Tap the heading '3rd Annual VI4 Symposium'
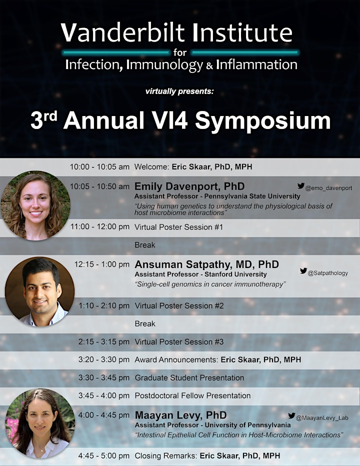(180, 120)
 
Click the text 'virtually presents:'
(179, 91)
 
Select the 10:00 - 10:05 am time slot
(99, 167)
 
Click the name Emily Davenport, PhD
(189, 186)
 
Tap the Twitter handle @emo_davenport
(328, 188)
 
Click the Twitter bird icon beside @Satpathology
(303, 270)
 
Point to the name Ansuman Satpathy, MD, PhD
(206, 264)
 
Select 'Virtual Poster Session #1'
(178, 227)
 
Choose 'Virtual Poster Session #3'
(179, 342)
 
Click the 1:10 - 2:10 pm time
(104, 306)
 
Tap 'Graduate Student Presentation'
(189, 377)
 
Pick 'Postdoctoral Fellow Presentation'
(192, 395)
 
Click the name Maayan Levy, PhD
(180, 415)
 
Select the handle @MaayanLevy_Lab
(322, 418)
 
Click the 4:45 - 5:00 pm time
(104, 455)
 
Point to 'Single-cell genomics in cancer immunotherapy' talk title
(210, 284)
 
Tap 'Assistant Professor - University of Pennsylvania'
(212, 425)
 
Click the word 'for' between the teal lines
(180, 52)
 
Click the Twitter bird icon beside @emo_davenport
(301, 185)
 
